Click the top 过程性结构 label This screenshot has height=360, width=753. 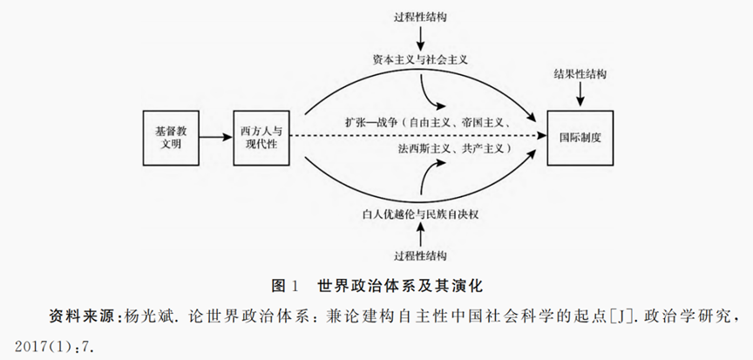click(x=420, y=16)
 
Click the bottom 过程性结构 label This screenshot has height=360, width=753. click(x=420, y=255)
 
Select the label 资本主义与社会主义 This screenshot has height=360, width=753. click(x=420, y=59)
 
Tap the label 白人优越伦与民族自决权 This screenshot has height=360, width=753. click(x=420, y=212)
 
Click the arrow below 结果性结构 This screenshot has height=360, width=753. click(x=580, y=98)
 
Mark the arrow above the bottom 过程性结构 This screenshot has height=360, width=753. click(x=420, y=234)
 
